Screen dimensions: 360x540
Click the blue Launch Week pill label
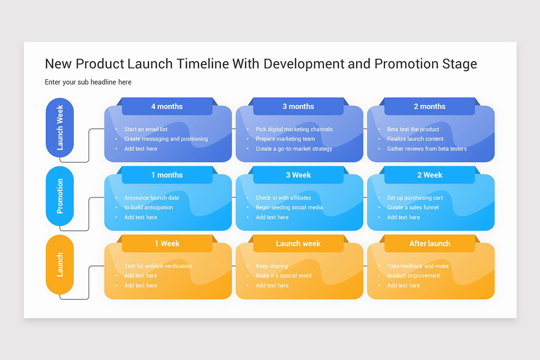click(x=60, y=127)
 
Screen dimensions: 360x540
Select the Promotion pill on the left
click(x=60, y=196)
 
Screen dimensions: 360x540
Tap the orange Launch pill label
click(x=60, y=265)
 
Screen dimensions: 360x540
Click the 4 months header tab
click(x=167, y=107)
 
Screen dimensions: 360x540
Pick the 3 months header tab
click(x=298, y=107)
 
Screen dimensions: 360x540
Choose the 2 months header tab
click(x=430, y=107)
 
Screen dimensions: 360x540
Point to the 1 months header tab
click(x=167, y=175)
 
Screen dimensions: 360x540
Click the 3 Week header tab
click(x=298, y=175)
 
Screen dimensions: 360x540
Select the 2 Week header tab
click(x=430, y=175)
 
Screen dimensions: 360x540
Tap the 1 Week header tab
click(x=167, y=243)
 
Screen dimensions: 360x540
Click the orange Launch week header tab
click(x=298, y=243)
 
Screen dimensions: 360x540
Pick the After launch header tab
click(x=430, y=243)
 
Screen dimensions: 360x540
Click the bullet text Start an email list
click(x=146, y=129)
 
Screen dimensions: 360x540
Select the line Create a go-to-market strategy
click(x=294, y=148)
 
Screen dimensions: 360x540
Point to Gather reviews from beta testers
click(x=427, y=148)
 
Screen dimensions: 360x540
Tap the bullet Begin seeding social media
click(x=289, y=207)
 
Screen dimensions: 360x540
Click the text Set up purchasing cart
click(x=415, y=198)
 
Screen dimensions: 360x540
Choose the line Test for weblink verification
click(x=158, y=266)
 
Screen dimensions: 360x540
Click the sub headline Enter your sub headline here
click(x=88, y=82)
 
